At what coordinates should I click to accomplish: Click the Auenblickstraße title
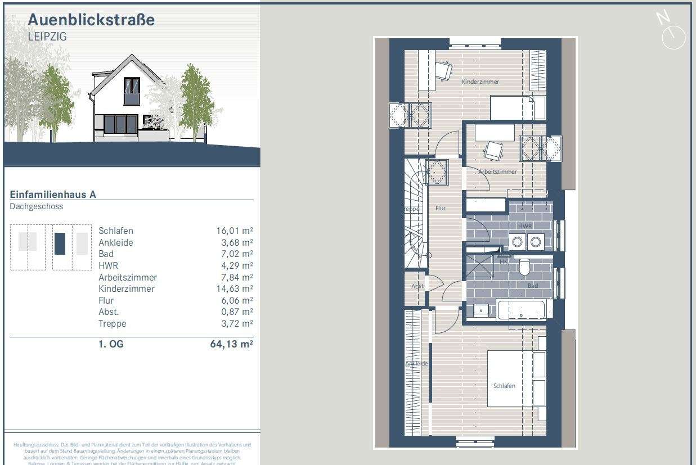91,20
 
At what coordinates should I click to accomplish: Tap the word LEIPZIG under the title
47,37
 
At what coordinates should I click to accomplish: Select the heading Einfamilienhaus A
53,195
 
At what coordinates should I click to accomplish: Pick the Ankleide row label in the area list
116,242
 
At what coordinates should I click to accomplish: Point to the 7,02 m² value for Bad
233,254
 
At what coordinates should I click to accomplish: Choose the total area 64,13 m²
231,344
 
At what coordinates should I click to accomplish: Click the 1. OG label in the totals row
111,344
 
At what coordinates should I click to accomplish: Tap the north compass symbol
672,31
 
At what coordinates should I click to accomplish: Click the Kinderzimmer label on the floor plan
480,82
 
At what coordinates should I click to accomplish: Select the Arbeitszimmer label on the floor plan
497,171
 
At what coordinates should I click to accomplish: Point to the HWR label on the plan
524,225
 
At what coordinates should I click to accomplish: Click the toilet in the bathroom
524,268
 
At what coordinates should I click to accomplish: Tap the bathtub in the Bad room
522,309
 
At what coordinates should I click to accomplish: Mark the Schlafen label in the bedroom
504,386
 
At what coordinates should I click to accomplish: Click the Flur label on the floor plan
440,208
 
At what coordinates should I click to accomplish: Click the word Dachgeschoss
37,206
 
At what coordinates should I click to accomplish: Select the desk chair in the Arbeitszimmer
493,151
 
